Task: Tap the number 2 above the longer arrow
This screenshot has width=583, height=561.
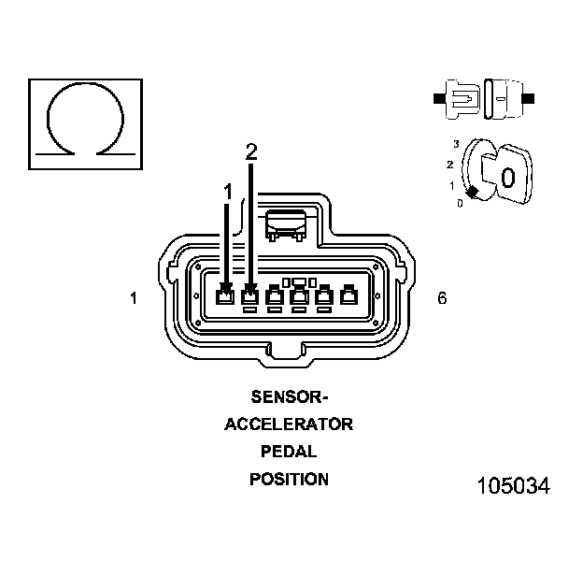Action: pyautogui.click(x=250, y=151)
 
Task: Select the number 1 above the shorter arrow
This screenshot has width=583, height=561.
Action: pyautogui.click(x=227, y=191)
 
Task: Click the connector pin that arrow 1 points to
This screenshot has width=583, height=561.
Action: pyautogui.click(x=225, y=297)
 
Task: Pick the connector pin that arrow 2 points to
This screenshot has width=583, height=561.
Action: pyautogui.click(x=249, y=297)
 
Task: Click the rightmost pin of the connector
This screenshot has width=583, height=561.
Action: pyautogui.click(x=348, y=297)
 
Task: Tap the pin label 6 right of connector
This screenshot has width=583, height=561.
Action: pyautogui.click(x=442, y=298)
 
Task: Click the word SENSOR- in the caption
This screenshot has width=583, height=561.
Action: pyautogui.click(x=289, y=396)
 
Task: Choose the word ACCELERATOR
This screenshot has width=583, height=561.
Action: pyautogui.click(x=289, y=424)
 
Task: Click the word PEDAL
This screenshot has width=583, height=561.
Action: pyautogui.click(x=289, y=452)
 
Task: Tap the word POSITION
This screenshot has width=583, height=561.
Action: pyautogui.click(x=289, y=480)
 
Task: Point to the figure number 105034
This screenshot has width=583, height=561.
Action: pyautogui.click(x=513, y=486)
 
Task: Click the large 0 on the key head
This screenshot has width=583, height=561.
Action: pyautogui.click(x=507, y=177)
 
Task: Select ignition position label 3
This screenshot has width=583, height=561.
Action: pyautogui.click(x=455, y=143)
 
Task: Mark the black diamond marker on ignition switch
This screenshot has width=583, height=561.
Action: pyautogui.click(x=474, y=192)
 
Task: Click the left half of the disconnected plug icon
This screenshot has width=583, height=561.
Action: pyautogui.click(x=462, y=97)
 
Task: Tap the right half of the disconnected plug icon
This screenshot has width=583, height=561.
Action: pyautogui.click(x=505, y=97)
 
